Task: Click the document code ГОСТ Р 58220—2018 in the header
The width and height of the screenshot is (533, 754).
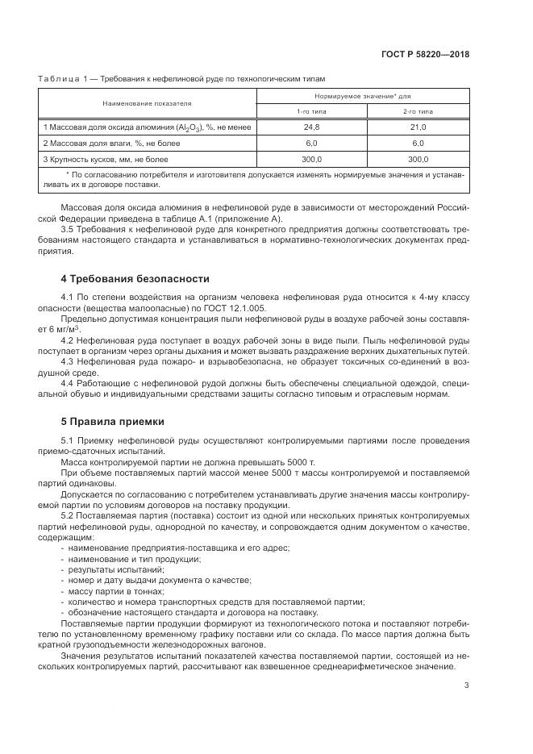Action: point(425,54)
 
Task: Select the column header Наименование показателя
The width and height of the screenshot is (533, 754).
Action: point(147,103)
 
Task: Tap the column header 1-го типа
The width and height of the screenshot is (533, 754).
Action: point(311,111)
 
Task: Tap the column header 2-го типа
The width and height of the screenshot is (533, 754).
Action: point(418,111)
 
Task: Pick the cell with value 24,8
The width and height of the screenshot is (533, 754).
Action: point(311,127)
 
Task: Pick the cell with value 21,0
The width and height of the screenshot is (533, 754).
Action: point(418,127)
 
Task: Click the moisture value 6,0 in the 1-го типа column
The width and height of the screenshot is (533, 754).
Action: point(311,143)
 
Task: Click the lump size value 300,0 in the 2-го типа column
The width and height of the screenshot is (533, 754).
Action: point(418,159)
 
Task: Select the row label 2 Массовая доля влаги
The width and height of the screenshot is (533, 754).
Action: point(111,143)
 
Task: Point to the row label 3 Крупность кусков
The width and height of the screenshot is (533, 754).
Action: point(106,159)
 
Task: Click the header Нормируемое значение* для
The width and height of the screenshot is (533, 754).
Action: point(364,95)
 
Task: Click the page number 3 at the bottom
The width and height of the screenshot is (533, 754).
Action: point(467,686)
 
